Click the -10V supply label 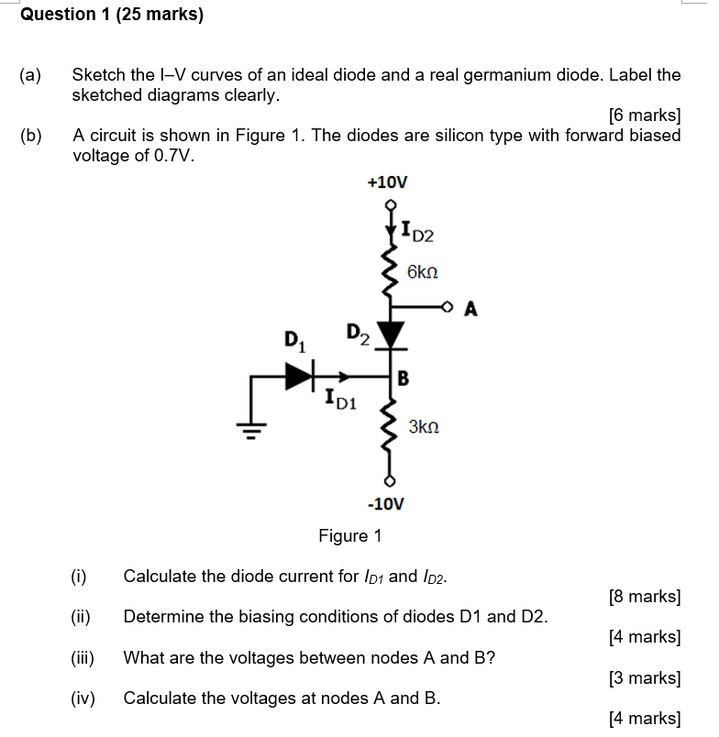(x=385, y=504)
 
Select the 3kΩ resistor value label (x=424, y=427)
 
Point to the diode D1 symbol (x=298, y=375)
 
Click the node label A (x=470, y=309)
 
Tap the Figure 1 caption (x=349, y=535)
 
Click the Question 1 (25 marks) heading (x=112, y=15)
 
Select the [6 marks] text (x=645, y=115)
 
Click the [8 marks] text (x=645, y=597)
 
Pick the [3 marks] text (x=645, y=678)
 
